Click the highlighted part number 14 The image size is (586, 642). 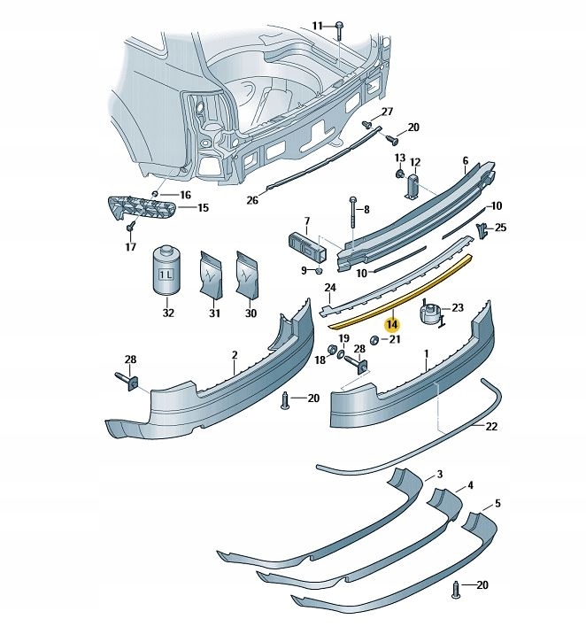[x=392, y=325]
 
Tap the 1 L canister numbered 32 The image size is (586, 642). [x=167, y=270]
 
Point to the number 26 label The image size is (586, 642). [x=253, y=200]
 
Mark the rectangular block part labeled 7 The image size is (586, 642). [x=309, y=247]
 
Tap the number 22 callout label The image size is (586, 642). [x=491, y=426]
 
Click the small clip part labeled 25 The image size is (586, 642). [x=482, y=231]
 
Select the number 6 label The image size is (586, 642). [x=466, y=160]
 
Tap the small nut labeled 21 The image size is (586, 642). [x=374, y=339]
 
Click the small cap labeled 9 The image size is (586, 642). [x=320, y=271]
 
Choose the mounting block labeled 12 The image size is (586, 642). [x=413, y=187]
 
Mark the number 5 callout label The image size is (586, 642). [x=497, y=503]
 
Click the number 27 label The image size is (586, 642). [x=387, y=112]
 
